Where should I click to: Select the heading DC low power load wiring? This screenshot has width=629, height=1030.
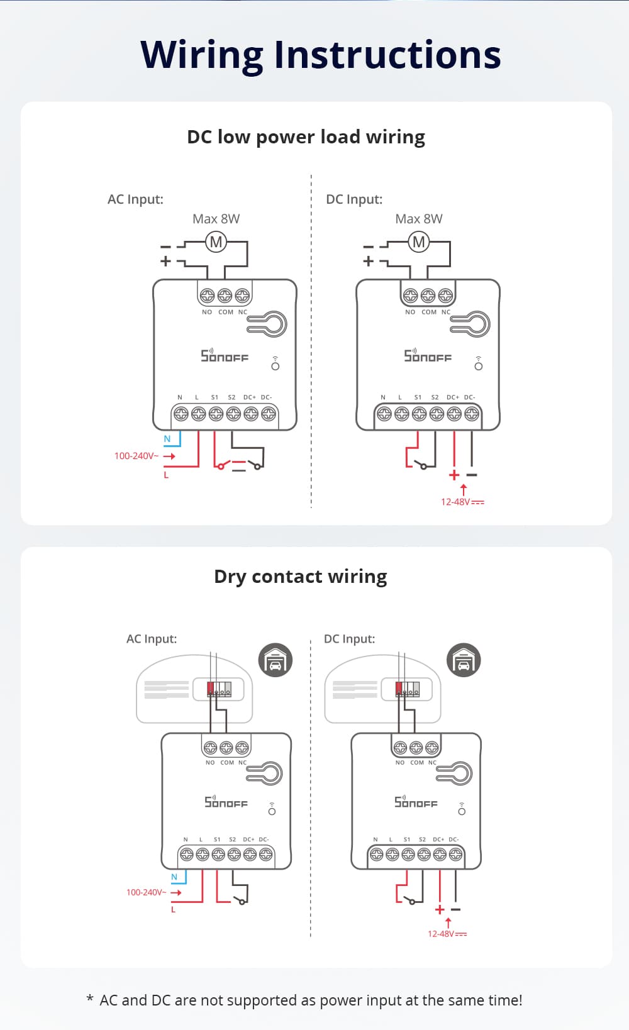tap(306, 137)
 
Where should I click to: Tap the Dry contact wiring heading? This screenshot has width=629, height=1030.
tap(300, 577)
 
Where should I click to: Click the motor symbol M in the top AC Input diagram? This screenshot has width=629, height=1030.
tap(216, 242)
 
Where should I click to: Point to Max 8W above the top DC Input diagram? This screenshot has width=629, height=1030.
tap(418, 219)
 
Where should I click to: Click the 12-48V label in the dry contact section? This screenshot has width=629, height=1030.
tap(447, 934)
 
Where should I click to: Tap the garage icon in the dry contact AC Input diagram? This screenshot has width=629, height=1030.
tap(275, 660)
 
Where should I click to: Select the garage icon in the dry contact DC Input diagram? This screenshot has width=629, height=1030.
tap(463, 660)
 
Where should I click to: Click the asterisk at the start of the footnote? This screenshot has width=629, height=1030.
tap(90, 1000)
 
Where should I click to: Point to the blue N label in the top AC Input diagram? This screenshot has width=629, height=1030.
tap(167, 439)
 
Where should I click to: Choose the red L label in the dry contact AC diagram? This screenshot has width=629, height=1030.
tap(173, 909)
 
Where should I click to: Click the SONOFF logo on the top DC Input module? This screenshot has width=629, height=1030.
tap(428, 356)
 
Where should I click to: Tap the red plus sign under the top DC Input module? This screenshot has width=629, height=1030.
tap(454, 475)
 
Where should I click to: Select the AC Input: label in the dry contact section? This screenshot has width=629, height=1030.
tap(152, 639)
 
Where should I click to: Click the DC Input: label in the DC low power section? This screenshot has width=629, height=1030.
tap(354, 199)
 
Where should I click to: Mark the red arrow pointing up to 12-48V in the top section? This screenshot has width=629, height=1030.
tap(464, 489)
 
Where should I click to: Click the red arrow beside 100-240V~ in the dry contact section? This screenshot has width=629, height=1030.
tap(176, 892)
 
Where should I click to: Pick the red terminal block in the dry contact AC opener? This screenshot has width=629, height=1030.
tap(211, 688)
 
